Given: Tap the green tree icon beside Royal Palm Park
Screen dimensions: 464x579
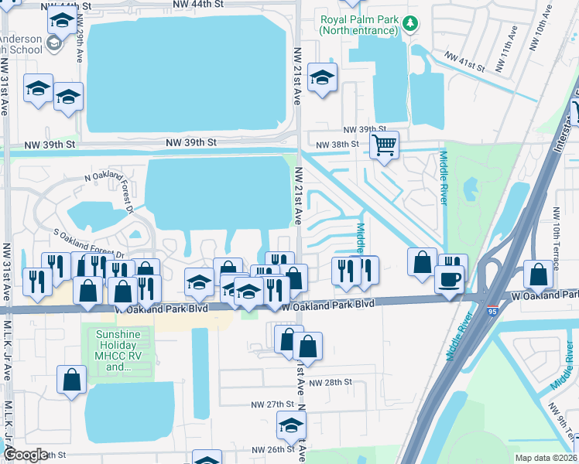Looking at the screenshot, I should tap(409, 26).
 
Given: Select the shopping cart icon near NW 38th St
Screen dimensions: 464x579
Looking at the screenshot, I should tap(384, 144).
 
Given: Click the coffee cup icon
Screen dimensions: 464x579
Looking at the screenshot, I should tap(449, 278).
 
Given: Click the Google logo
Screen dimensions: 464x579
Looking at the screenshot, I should tap(26, 455).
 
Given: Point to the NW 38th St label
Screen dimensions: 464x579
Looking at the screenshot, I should tap(338, 144).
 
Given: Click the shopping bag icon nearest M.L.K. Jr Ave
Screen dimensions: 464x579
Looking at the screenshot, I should tap(72, 380).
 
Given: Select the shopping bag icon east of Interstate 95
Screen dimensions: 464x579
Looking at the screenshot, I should tap(538, 274).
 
